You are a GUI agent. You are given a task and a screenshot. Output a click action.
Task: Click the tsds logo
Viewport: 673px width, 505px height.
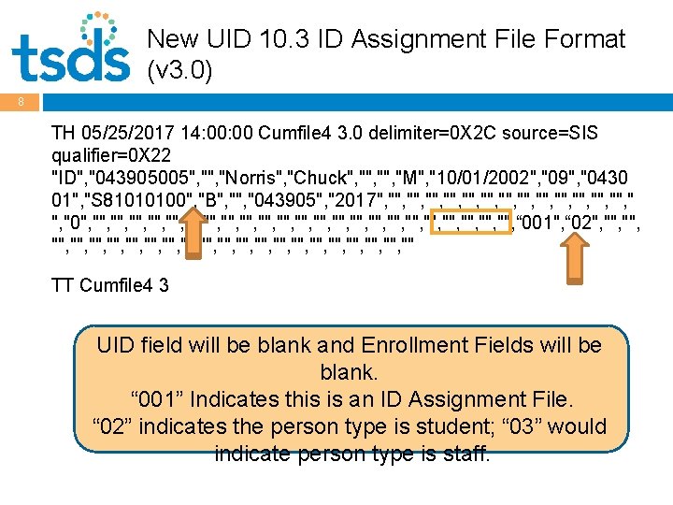(70, 49)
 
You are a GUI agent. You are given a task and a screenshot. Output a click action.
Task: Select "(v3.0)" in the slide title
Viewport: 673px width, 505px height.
(180, 70)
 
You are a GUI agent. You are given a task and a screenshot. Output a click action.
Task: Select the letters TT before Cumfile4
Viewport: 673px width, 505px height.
(63, 285)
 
